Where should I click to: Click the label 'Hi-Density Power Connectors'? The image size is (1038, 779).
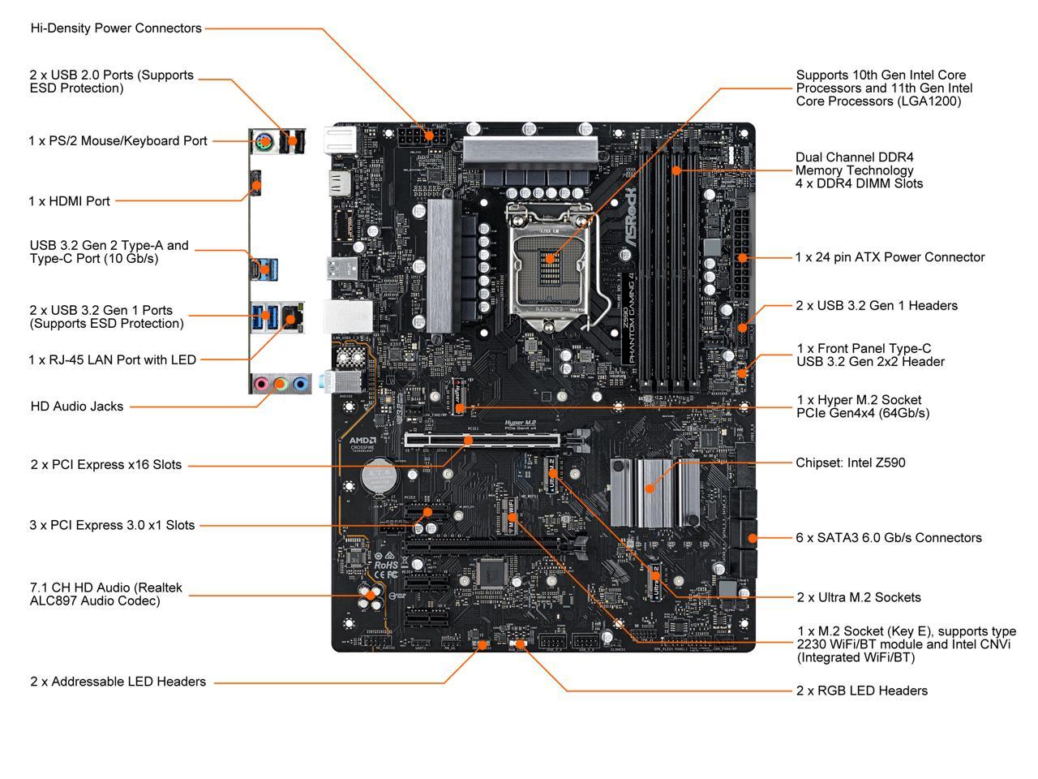tap(116, 28)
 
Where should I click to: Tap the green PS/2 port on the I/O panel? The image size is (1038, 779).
tap(263, 143)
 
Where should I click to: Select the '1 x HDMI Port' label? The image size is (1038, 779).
tap(69, 201)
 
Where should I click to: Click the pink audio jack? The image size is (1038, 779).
tap(261, 383)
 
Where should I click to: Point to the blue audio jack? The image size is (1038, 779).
tap(300, 383)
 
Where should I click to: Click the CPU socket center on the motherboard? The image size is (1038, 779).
tap(551, 260)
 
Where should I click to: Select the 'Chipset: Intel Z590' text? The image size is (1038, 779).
tap(850, 463)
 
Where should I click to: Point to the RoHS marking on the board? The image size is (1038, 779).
tap(386, 564)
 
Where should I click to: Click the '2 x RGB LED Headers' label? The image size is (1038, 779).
tap(862, 691)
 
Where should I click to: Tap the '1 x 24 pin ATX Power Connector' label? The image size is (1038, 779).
tap(890, 257)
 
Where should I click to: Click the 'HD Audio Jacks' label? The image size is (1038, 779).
tap(77, 407)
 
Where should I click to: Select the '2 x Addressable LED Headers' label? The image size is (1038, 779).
tap(118, 682)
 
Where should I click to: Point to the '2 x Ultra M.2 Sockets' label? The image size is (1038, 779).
tap(859, 597)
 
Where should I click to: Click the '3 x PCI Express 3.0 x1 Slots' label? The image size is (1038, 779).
tap(112, 525)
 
